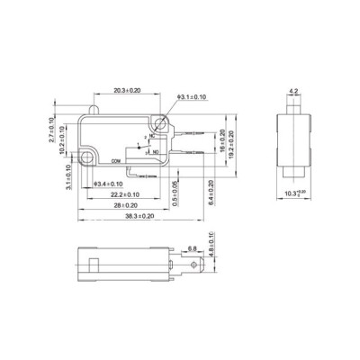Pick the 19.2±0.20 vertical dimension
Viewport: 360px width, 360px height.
click(232, 144)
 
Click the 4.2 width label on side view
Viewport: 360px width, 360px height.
click(294, 91)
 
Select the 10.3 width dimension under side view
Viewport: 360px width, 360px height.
click(295, 193)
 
